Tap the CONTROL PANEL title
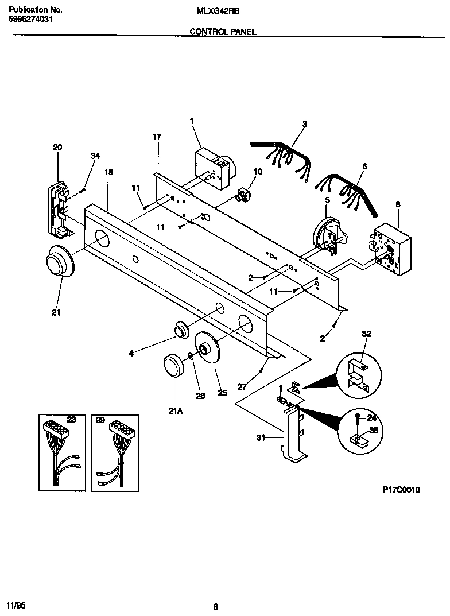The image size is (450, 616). tap(223, 33)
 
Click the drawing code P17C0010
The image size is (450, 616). tap(401, 490)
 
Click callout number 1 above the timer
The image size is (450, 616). tap(192, 121)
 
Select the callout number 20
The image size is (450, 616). tap(57, 148)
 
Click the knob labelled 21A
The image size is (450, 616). tap(173, 366)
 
